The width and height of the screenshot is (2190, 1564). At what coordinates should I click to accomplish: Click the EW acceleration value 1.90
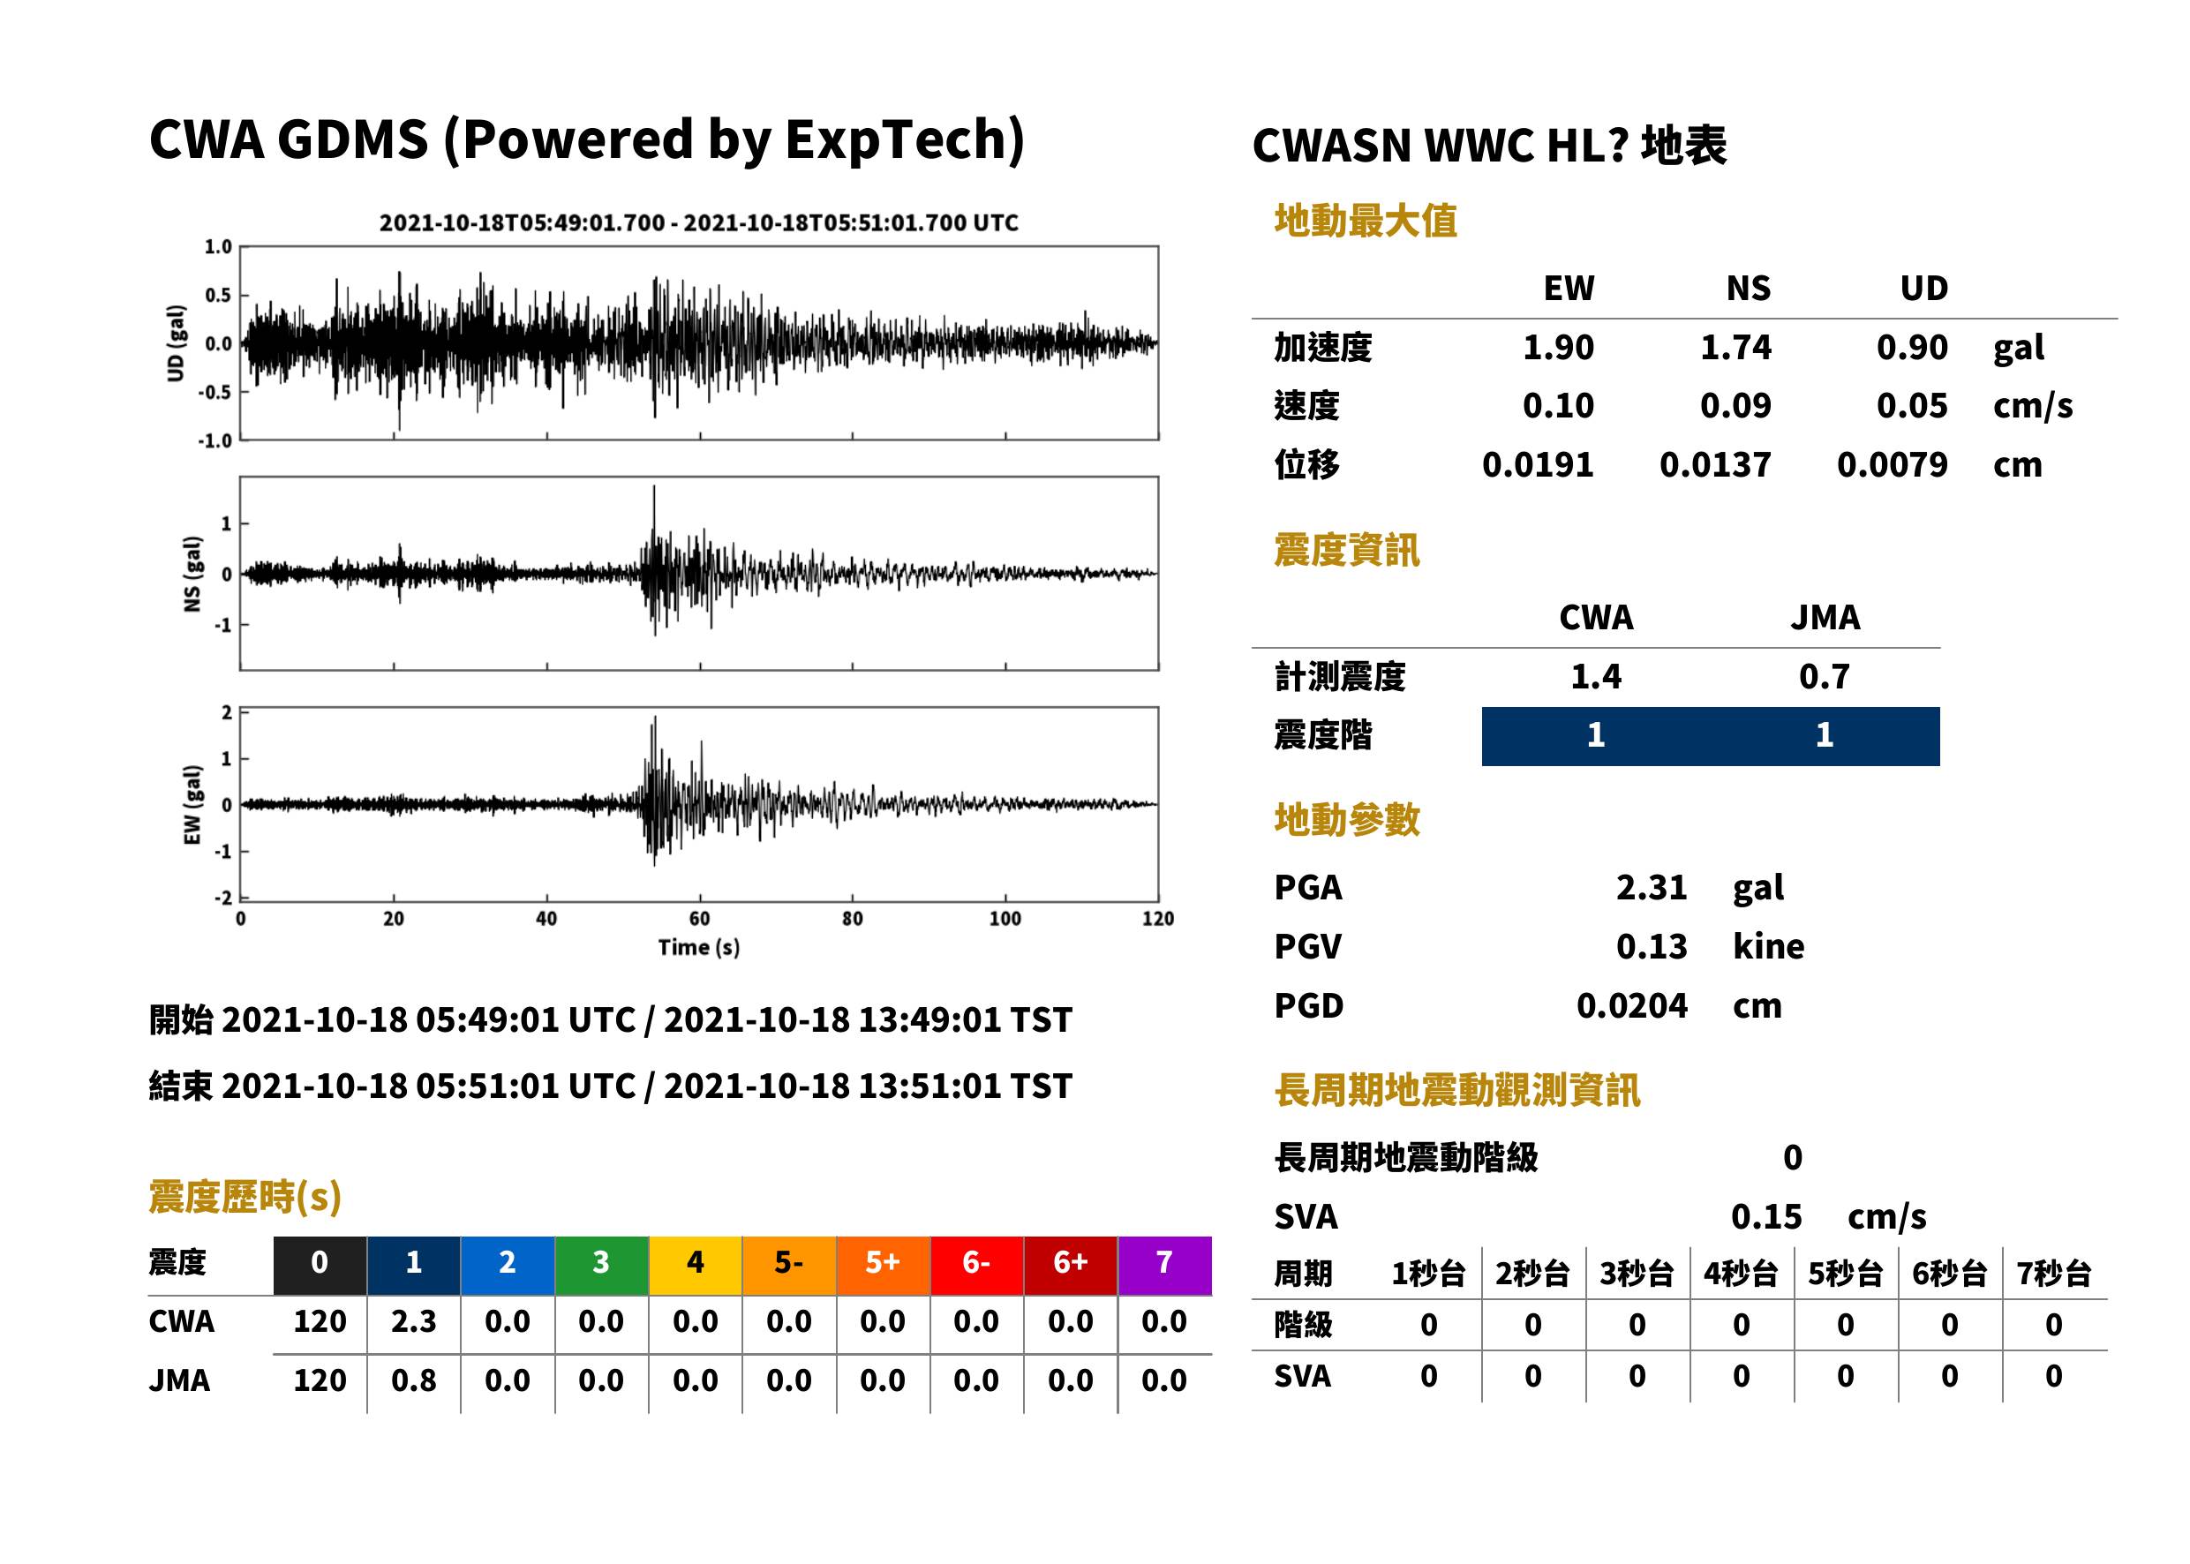click(1557, 348)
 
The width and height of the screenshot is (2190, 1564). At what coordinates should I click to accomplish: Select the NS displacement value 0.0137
click(1715, 465)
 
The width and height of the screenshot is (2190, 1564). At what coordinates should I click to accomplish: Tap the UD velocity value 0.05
click(1912, 406)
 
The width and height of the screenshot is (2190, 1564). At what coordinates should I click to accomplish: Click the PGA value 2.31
click(1652, 888)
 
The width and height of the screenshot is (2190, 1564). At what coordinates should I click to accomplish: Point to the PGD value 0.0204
click(1631, 1006)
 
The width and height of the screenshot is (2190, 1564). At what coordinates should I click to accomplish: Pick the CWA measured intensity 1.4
click(1596, 677)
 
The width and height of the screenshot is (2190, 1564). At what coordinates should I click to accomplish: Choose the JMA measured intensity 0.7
click(1824, 677)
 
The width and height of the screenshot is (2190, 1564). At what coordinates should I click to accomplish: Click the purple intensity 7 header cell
click(1164, 1265)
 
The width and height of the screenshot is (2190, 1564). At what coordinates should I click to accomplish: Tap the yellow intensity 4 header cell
click(696, 1265)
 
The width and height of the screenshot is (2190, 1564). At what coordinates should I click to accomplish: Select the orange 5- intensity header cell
click(789, 1265)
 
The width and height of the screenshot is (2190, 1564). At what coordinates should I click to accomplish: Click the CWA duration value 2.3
click(413, 1322)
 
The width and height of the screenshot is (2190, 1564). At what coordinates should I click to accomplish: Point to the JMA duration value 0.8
click(413, 1381)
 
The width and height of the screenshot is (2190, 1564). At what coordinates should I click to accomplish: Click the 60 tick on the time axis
click(699, 919)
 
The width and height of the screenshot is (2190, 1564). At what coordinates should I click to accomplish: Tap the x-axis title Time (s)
click(699, 948)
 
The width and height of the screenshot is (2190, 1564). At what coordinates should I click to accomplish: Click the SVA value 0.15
click(1766, 1217)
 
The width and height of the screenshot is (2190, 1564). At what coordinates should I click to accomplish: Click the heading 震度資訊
click(1346, 551)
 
